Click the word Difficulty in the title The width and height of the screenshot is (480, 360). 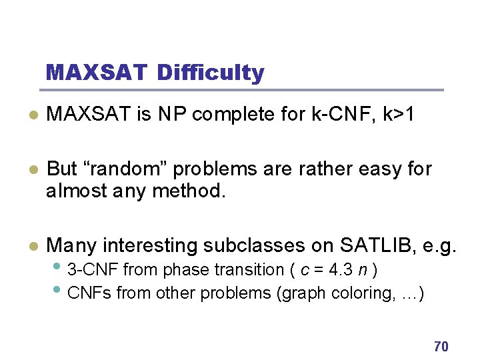click(x=211, y=73)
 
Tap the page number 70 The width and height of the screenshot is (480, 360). click(x=441, y=346)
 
